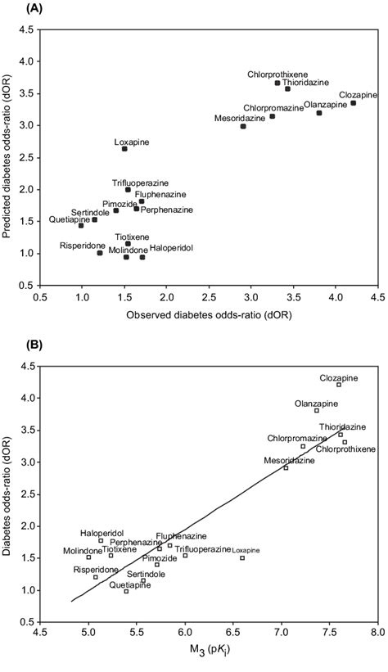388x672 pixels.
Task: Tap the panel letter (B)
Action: click(14, 346)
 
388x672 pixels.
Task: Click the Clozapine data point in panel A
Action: click(353, 103)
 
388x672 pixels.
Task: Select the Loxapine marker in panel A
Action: click(124, 149)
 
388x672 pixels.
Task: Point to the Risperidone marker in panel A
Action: click(100, 253)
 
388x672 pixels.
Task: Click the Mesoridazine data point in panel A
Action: click(243, 126)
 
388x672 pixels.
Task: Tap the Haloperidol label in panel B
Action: click(101, 532)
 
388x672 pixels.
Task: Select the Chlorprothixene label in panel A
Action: click(277, 74)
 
